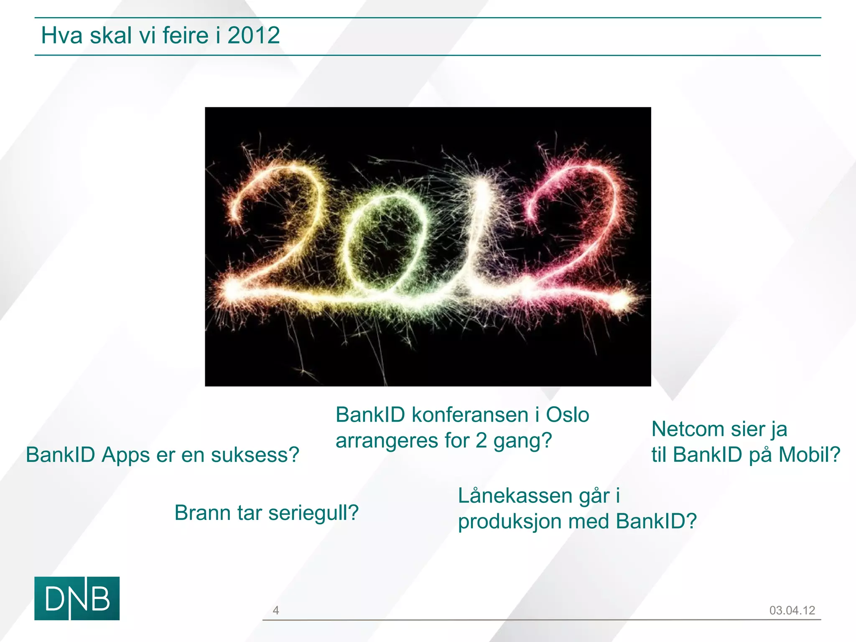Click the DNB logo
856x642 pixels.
77,598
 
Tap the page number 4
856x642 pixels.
276,610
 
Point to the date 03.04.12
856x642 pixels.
792,610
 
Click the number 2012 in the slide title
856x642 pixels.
254,35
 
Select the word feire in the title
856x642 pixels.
185,35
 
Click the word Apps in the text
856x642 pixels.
125,455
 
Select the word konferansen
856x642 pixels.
470,415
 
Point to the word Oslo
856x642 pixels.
568,415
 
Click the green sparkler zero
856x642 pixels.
387,242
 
